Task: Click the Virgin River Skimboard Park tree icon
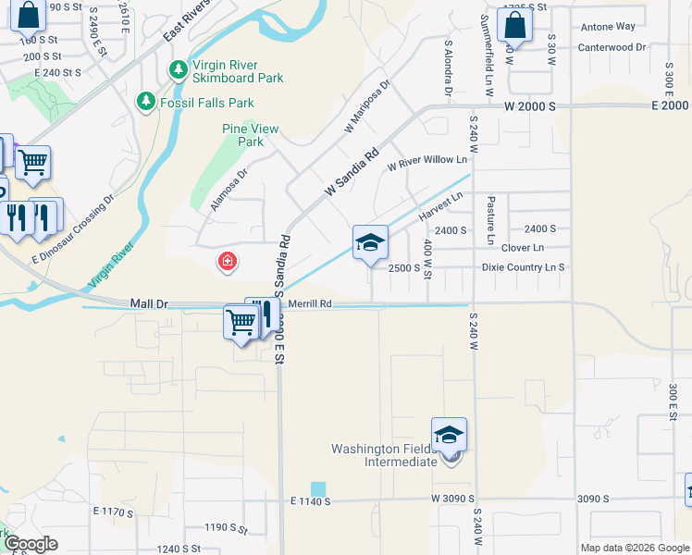click(x=177, y=70)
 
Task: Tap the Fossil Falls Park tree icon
click(x=145, y=101)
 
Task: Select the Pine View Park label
click(x=244, y=135)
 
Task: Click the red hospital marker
click(x=226, y=263)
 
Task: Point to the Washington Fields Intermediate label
click(x=384, y=455)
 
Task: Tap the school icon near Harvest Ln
click(x=370, y=244)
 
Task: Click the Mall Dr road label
click(x=148, y=302)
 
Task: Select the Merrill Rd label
click(x=309, y=302)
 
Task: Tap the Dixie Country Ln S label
click(x=523, y=267)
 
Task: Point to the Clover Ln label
click(x=523, y=248)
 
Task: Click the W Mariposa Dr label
click(x=368, y=105)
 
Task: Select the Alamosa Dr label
click(x=229, y=190)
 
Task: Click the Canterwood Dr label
click(x=612, y=47)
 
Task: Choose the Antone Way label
click(x=608, y=27)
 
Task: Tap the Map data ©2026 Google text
click(x=634, y=548)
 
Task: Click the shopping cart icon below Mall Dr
click(x=241, y=323)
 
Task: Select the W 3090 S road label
click(x=453, y=499)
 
